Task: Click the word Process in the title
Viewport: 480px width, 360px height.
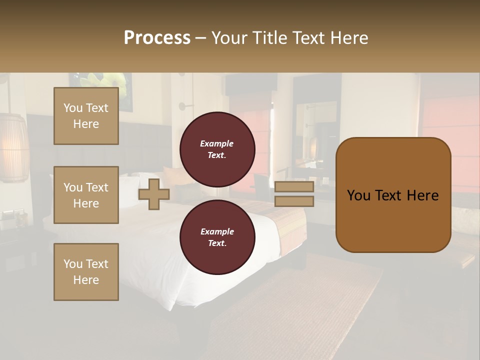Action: click(157, 38)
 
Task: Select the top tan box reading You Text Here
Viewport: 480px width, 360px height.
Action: click(86, 116)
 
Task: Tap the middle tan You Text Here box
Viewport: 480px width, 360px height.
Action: click(86, 195)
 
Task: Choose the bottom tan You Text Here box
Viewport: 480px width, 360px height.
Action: click(86, 272)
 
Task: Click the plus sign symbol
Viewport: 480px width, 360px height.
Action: click(154, 194)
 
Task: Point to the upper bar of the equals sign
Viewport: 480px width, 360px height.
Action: click(294, 187)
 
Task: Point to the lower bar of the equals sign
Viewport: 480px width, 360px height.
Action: click(294, 201)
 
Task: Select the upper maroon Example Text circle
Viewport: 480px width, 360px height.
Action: click(217, 149)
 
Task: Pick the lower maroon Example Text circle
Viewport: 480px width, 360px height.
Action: click(217, 237)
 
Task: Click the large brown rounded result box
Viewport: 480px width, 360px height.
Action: click(393, 195)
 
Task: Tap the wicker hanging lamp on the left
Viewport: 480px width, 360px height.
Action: click(14, 147)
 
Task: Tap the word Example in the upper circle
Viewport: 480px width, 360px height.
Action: click(217, 143)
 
